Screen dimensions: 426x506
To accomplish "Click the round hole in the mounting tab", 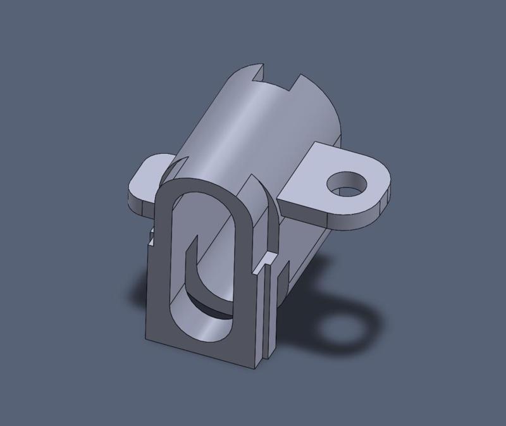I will click(347, 183).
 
